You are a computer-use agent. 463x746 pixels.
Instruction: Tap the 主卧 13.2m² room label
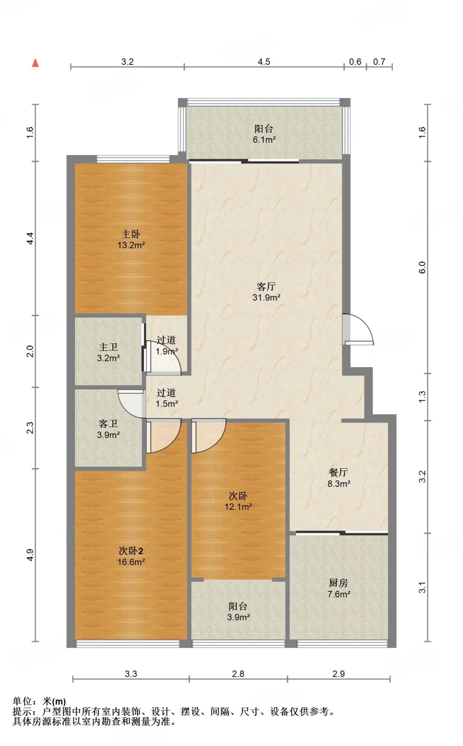pos(131,239)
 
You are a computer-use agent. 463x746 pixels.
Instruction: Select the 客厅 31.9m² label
pos(266,292)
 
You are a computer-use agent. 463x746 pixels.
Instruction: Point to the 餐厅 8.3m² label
pos(339,478)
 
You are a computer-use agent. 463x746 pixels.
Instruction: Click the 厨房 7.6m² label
pos(339,589)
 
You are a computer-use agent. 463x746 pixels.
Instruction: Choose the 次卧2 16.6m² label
pos(131,556)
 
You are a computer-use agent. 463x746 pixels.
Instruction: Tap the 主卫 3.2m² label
pos(108,352)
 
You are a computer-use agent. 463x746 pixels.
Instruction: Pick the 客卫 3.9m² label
pos(108,429)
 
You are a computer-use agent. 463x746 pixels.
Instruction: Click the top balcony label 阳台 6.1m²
pos(264,134)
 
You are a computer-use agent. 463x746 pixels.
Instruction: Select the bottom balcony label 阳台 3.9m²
pos(238,612)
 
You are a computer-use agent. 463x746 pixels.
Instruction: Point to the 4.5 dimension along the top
pos(264,62)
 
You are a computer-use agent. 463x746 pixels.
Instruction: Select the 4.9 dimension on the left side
pos(30,555)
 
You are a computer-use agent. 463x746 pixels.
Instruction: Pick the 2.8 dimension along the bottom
pos(238,674)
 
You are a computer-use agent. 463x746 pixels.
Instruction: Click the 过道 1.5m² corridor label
pos(167,398)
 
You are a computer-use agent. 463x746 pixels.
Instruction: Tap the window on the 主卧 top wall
pos(133,159)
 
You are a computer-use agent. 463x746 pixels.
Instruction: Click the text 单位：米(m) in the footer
pos(39,701)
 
